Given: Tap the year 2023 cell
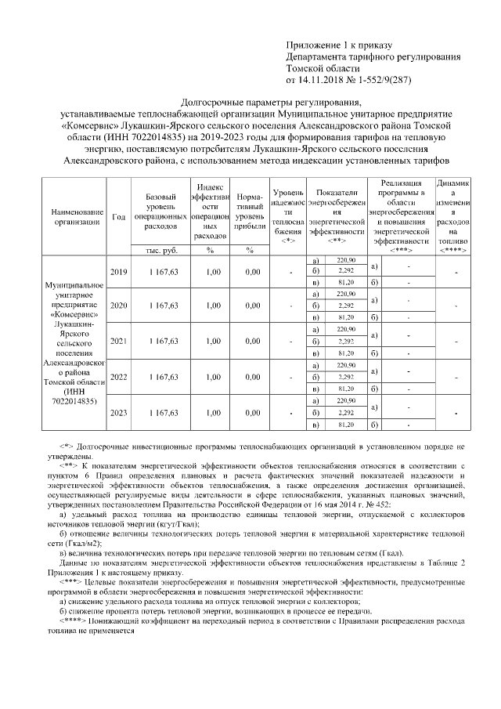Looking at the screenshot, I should click(x=119, y=412).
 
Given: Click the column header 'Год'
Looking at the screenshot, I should click(x=119, y=216).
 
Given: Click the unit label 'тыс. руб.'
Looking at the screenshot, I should click(x=159, y=250).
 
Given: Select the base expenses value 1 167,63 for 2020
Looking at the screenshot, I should click(x=159, y=306).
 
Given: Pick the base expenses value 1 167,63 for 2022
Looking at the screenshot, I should click(x=159, y=377).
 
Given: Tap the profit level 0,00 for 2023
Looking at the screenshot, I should click(x=250, y=412).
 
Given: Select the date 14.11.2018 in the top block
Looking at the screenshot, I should click(x=322, y=79).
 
